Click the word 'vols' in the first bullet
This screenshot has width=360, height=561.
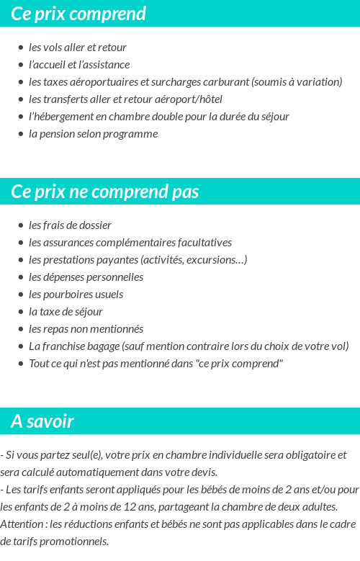53,48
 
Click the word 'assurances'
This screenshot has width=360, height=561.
70,243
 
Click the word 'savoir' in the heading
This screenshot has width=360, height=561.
50,421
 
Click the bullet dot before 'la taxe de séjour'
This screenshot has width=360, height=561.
21,312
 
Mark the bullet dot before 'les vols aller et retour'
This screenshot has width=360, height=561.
21,48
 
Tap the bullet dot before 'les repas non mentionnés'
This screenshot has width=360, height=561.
21,329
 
